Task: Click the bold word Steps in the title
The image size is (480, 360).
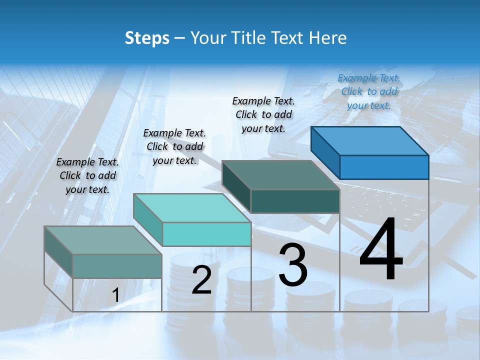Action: pos(147,38)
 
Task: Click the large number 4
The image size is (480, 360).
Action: pos(381,250)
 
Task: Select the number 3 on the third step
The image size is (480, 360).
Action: pos(293,264)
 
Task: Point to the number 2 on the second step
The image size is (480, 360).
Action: pos(202,280)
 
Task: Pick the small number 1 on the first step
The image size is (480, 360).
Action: pos(115,295)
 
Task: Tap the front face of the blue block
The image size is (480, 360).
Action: pos(384,167)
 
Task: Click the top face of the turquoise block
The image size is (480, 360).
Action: pos(191,208)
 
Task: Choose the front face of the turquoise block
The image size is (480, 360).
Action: pos(206,234)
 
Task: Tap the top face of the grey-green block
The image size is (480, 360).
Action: pos(102,240)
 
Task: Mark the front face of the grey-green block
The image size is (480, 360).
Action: pos(117,266)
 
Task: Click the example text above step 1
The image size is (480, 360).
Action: pos(87,175)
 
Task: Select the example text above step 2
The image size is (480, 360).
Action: pos(174,146)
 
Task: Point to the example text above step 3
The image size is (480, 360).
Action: pos(263,114)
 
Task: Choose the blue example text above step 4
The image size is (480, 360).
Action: pos(369,91)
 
